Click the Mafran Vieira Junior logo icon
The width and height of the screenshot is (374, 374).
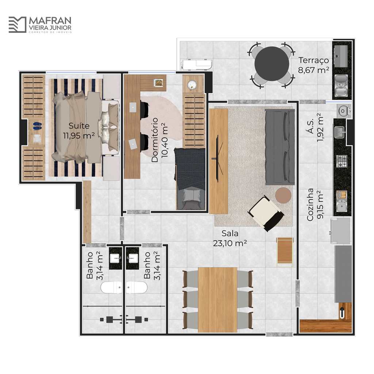[x=18, y=24]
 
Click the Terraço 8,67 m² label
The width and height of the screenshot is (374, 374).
[x=313, y=65]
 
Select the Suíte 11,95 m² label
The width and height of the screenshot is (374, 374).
[x=79, y=130]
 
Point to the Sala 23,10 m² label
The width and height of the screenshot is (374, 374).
[x=230, y=238]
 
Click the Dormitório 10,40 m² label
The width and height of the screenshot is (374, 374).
[x=160, y=140]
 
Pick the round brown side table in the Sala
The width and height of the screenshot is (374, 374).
[x=283, y=195]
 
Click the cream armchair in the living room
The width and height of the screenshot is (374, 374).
[x=266, y=213]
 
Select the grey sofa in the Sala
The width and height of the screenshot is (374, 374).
[x=280, y=147]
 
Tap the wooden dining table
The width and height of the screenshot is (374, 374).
[x=217, y=299]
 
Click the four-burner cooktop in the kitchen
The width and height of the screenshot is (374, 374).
[x=342, y=161]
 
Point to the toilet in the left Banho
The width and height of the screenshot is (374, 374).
[x=111, y=287]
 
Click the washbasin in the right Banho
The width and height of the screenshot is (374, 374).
[x=133, y=258]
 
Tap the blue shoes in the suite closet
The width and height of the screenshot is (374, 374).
[x=37, y=126]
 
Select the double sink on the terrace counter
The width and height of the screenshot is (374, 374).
[x=341, y=85]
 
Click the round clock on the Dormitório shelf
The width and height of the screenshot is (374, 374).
[x=192, y=85]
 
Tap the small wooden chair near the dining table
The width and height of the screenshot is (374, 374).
[x=285, y=251]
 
